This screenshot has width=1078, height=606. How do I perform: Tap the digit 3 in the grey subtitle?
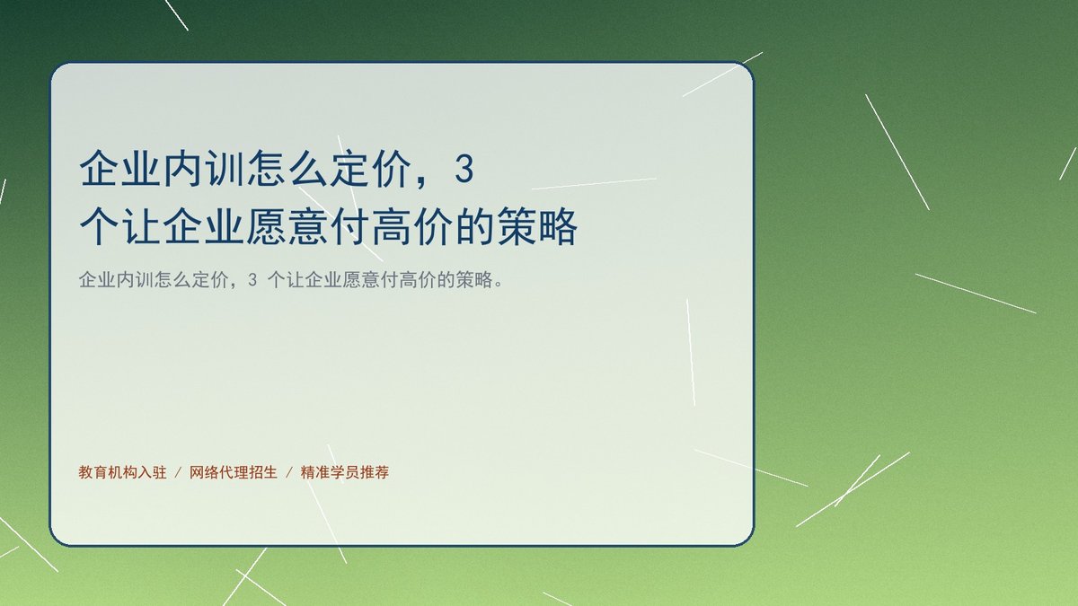point(252,279)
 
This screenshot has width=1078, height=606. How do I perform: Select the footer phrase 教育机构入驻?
point(122,472)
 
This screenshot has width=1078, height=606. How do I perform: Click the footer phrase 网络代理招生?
point(234,472)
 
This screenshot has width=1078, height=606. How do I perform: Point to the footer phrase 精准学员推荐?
point(345,472)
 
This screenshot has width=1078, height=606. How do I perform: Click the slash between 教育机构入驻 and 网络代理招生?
point(178,473)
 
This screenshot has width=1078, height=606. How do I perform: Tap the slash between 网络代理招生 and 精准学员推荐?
point(289,473)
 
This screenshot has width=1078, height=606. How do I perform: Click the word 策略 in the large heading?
point(537,226)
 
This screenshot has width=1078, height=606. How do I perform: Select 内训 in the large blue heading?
point(204,169)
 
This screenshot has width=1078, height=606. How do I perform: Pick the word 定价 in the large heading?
point(371,169)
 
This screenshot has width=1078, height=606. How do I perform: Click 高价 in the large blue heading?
point(412,226)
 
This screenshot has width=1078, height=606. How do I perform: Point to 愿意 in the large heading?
point(287,226)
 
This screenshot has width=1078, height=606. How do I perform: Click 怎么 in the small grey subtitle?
point(172,279)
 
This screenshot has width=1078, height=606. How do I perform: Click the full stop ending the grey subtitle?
point(498,285)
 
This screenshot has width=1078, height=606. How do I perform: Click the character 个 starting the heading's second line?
point(99,226)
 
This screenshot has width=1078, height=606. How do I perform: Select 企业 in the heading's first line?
point(119,169)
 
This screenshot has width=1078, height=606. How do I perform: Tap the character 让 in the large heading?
point(140,226)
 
